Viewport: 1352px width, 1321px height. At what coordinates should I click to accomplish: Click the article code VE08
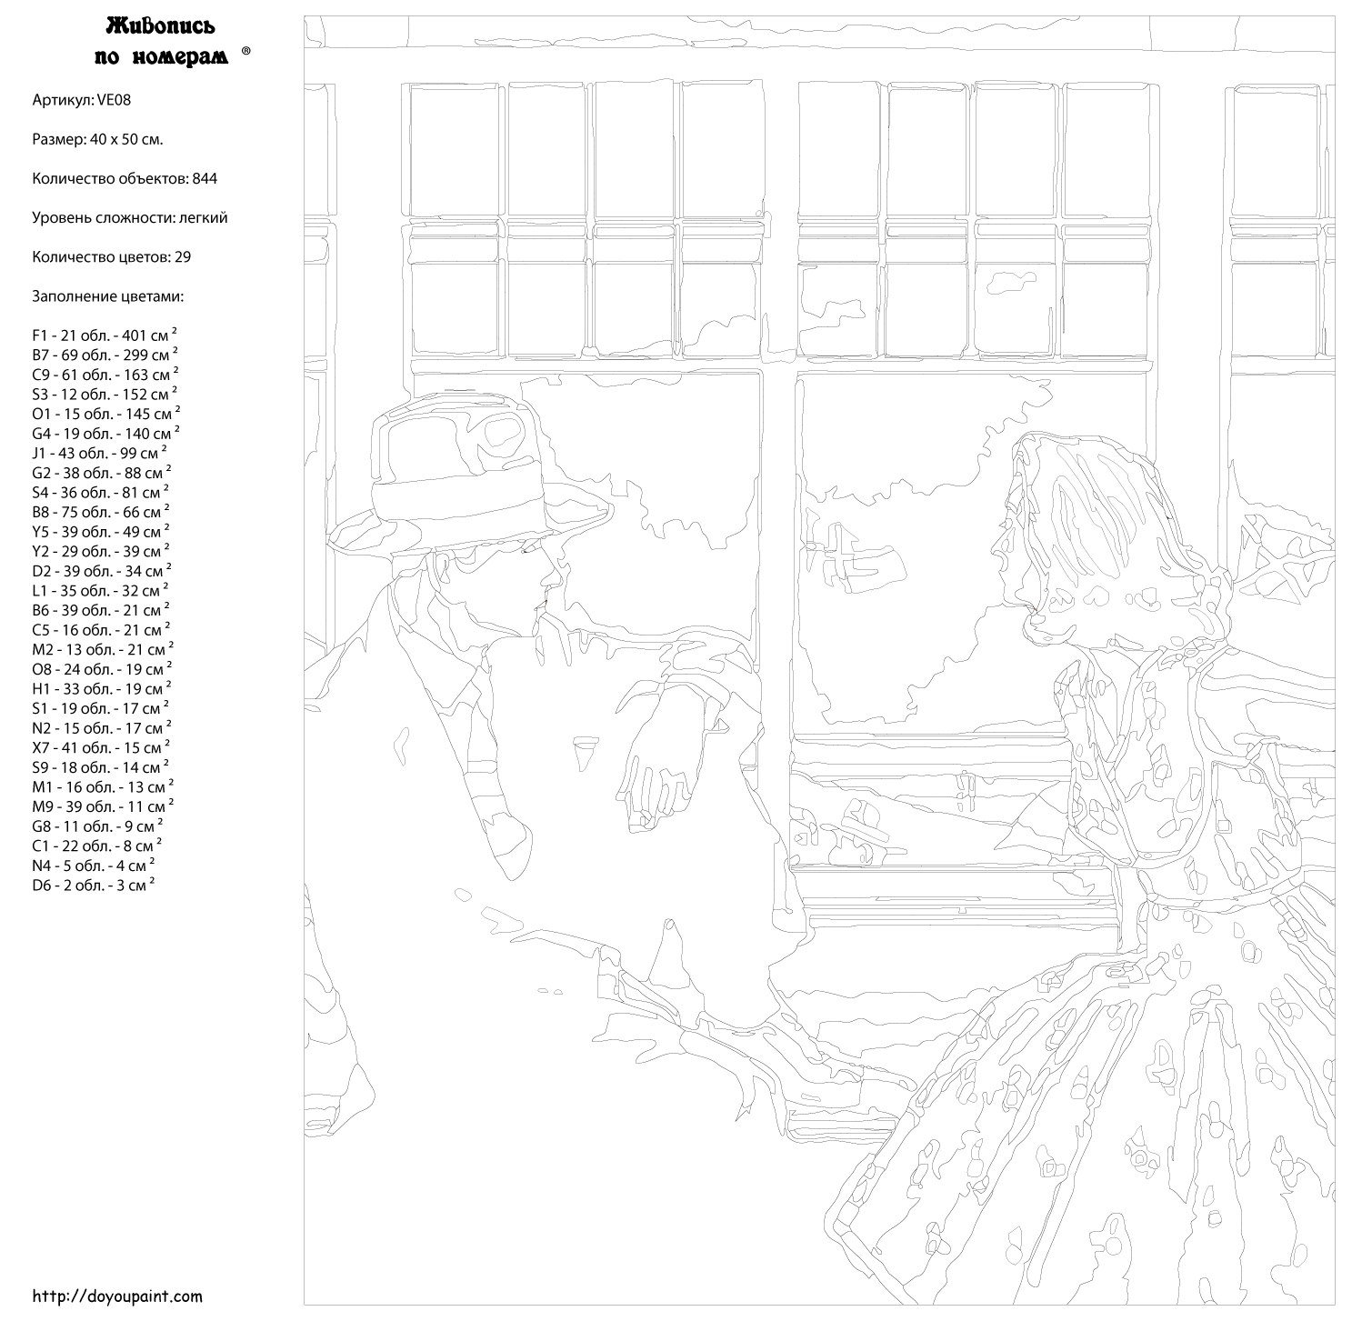click(114, 100)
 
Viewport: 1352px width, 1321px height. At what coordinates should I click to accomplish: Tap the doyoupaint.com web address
click(117, 1296)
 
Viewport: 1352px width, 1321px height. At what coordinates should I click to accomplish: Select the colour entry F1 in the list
click(105, 335)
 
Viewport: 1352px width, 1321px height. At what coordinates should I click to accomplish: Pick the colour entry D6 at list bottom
click(94, 885)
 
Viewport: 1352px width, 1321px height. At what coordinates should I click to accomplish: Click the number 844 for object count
click(205, 178)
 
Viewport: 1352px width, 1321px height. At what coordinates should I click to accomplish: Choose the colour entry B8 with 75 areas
click(101, 512)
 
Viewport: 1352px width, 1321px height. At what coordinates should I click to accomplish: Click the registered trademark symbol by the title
click(246, 51)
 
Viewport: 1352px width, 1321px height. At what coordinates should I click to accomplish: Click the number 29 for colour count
click(183, 257)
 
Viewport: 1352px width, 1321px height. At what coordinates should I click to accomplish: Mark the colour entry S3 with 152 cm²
click(105, 394)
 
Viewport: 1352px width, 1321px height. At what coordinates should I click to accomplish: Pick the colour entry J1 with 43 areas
click(99, 453)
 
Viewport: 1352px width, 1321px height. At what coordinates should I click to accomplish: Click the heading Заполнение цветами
click(107, 296)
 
